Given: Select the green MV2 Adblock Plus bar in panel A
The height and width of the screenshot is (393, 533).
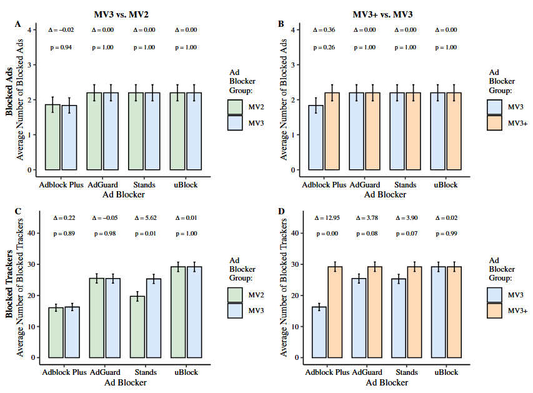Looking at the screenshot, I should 52,137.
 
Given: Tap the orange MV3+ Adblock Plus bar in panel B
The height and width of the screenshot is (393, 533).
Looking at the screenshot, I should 332,131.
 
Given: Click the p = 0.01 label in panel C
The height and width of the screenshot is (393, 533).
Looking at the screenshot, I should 145,234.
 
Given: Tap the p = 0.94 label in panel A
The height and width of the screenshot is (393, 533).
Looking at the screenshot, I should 61,47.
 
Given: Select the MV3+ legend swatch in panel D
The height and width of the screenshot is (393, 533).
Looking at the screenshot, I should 494,310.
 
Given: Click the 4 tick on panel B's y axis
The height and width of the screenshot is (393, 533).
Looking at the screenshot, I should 293,29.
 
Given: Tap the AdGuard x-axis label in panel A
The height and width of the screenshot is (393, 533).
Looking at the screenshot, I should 102,185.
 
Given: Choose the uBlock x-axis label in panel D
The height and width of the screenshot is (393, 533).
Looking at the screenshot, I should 445,372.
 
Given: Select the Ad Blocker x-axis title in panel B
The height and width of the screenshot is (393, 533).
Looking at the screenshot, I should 385,194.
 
